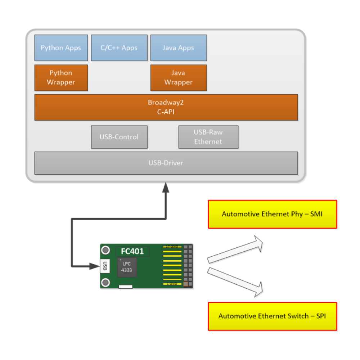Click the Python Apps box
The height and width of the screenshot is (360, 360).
click(x=61, y=48)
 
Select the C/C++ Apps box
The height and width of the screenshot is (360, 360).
click(x=119, y=48)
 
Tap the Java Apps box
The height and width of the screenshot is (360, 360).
click(x=178, y=48)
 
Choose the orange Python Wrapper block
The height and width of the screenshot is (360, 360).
click(x=61, y=78)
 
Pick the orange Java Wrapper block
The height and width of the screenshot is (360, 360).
click(x=178, y=78)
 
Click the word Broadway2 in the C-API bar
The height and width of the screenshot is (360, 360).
click(x=166, y=103)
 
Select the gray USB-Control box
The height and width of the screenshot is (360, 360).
click(x=119, y=137)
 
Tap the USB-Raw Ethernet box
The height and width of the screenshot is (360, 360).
click(x=208, y=137)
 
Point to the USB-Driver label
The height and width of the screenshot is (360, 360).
click(x=166, y=163)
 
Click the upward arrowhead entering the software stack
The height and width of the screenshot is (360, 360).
click(x=166, y=187)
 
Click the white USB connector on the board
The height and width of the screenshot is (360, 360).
click(x=104, y=266)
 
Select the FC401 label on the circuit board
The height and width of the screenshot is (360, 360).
click(x=132, y=251)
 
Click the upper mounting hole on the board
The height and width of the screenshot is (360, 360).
click(x=105, y=250)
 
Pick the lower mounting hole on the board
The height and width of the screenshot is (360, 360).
click(x=105, y=282)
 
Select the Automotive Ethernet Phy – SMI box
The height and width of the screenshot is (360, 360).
click(x=272, y=214)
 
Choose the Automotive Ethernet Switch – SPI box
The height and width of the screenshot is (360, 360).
click(x=272, y=316)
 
